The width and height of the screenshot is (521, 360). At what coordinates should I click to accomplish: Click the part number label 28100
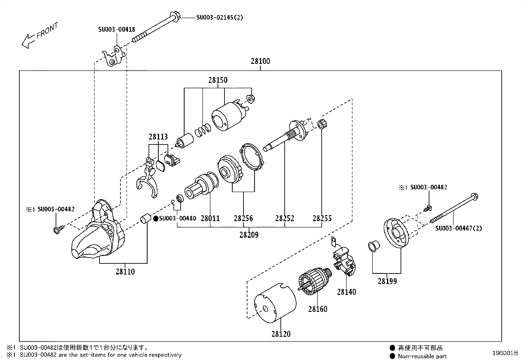(x=260, y=61)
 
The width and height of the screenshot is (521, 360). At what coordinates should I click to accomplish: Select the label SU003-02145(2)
(x=220, y=17)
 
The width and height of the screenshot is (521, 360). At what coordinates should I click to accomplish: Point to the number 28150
(x=218, y=80)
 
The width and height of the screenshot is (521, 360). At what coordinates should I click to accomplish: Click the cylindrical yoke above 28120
(x=275, y=303)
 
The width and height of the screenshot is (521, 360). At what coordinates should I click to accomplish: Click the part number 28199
(x=387, y=281)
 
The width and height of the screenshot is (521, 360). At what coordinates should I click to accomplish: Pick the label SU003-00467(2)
(x=458, y=228)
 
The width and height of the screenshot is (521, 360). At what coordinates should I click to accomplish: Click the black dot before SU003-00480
(x=156, y=218)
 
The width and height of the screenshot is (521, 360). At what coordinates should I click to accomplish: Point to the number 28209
(x=249, y=235)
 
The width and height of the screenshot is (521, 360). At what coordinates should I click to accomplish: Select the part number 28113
(x=158, y=137)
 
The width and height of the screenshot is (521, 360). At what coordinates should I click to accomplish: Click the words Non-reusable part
(x=422, y=356)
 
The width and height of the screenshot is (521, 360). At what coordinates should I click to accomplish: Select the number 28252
(x=284, y=218)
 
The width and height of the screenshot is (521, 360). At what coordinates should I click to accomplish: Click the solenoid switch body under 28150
(x=228, y=117)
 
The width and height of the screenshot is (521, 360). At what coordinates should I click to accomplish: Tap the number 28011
(x=210, y=218)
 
